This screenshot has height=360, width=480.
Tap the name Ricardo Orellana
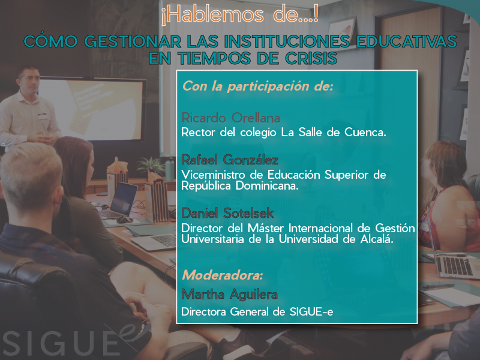click(230, 118)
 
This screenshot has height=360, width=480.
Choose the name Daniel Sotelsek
click(227, 213)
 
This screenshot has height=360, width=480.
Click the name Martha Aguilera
click(229, 295)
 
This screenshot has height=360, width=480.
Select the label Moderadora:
click(223, 275)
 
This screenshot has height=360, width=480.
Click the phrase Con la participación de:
click(257, 86)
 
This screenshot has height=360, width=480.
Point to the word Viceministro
click(213, 175)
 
